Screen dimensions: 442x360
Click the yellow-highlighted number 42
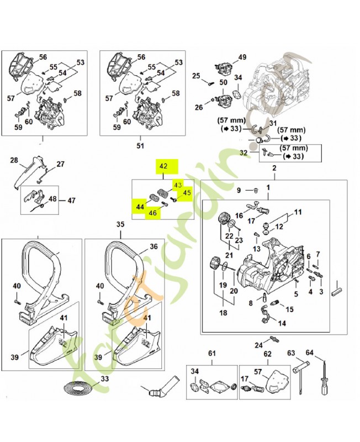(163, 166)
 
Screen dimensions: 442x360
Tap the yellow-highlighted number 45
(187, 193)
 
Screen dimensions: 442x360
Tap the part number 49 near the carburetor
(242, 57)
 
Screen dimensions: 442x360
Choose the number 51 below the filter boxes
(140, 146)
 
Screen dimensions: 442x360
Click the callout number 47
(71, 201)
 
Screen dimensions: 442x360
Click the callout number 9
(239, 191)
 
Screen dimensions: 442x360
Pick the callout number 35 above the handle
(120, 224)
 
